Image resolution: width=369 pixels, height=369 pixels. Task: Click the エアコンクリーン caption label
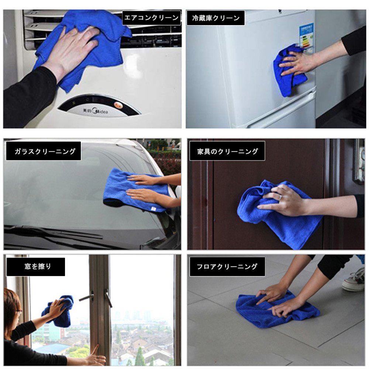151,18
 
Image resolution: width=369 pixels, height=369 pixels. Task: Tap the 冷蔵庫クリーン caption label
215,18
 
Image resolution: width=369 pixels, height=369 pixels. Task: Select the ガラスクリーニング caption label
44,151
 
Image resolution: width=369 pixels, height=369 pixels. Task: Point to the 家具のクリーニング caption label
227,151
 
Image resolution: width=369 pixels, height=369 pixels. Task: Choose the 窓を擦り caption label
36,267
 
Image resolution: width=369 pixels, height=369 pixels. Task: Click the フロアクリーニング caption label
227,267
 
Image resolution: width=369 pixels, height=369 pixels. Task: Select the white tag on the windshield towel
153,209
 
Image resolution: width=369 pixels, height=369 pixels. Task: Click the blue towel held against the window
58,311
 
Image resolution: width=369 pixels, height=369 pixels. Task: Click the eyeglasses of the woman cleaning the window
19,311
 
